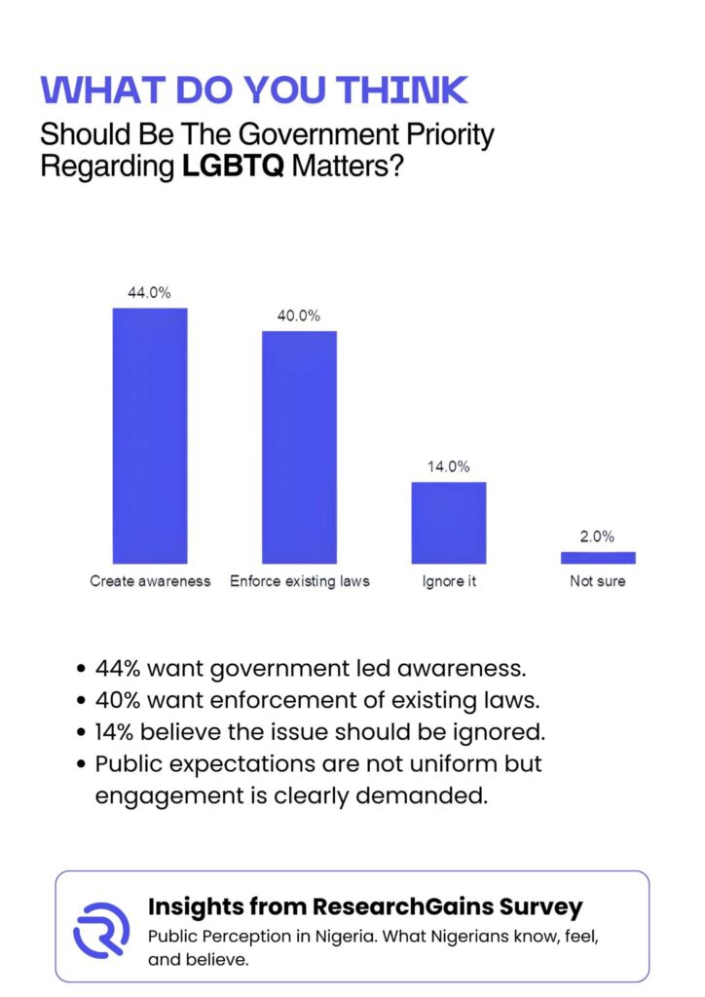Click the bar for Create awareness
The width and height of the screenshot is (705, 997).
150,435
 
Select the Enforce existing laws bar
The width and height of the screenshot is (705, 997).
299,447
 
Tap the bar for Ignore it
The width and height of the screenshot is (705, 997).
448,522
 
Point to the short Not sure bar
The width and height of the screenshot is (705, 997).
598,558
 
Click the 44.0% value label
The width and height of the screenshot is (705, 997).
150,293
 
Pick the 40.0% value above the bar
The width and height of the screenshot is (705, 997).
299,316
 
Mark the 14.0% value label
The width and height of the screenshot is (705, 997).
448,467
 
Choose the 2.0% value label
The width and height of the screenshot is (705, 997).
598,536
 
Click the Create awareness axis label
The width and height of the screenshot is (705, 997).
150,581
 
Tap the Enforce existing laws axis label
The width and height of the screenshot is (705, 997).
299,581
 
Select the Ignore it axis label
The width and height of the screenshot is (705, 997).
448,581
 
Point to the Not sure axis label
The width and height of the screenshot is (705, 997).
598,581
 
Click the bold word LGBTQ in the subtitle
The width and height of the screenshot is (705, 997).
233,165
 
